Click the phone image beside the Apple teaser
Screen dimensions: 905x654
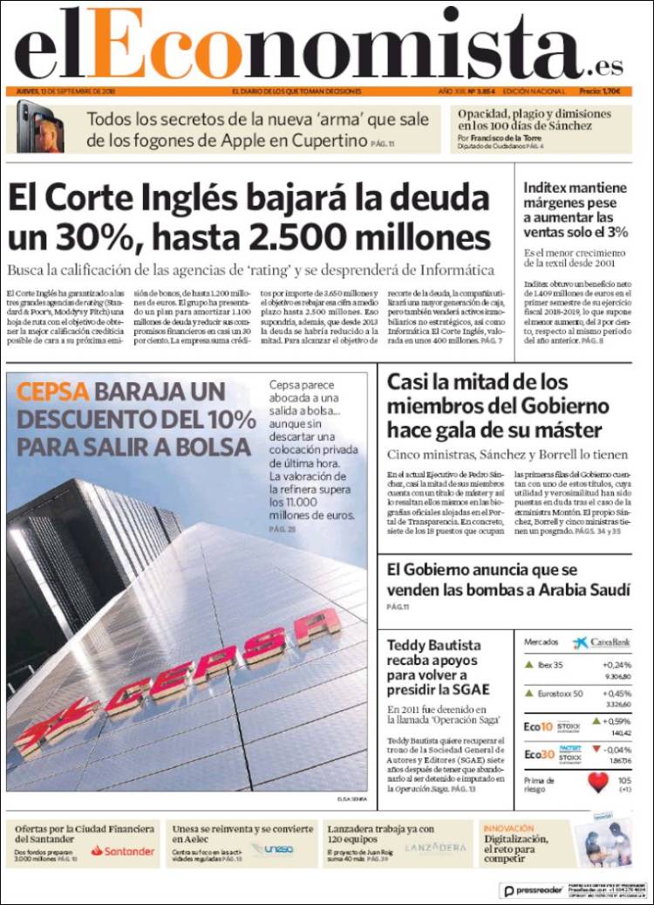point(39,127)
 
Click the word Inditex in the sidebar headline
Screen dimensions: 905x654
point(551,187)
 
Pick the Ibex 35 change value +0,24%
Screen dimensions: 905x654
point(616,664)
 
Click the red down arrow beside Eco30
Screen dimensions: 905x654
point(596,749)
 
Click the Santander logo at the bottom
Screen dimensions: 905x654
point(122,850)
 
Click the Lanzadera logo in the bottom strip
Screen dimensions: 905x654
point(435,848)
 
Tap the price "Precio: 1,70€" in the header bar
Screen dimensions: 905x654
point(600,91)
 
